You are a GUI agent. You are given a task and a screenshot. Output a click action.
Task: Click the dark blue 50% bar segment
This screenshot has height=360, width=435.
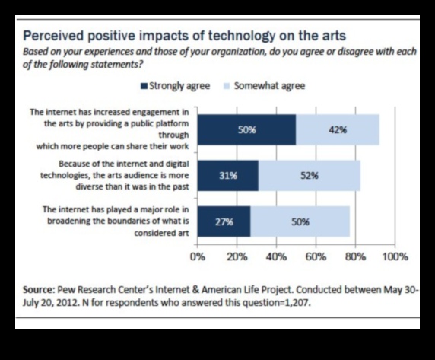pos(246,129)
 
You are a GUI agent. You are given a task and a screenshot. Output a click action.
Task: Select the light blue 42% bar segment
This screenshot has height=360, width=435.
pos(338,129)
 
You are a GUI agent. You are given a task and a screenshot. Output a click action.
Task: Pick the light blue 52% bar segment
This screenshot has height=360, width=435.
pos(310,175)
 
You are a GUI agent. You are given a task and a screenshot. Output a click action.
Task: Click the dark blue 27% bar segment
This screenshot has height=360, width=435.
pos(224,221)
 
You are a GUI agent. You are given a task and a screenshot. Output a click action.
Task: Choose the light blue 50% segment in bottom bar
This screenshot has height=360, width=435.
pos(300,221)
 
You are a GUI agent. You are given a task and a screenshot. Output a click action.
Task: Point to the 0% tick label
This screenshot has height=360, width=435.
pos(198,256)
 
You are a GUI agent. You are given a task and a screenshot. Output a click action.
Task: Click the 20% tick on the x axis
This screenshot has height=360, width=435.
pos(237,256)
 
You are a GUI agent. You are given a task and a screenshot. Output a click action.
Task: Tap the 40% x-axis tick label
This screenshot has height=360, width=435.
pos(276,256)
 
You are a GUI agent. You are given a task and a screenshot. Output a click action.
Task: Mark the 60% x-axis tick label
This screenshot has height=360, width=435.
pos(316,256)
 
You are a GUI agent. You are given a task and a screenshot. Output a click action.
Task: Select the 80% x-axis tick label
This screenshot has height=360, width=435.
pos(355,256)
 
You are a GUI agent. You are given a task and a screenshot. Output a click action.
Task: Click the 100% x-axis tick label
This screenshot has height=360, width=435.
pos(394,256)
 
